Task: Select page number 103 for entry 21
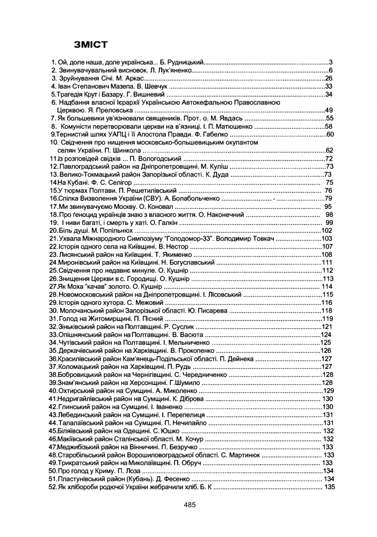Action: (327, 238)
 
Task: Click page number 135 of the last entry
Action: (329, 487)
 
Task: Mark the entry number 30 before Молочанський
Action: (53, 311)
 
